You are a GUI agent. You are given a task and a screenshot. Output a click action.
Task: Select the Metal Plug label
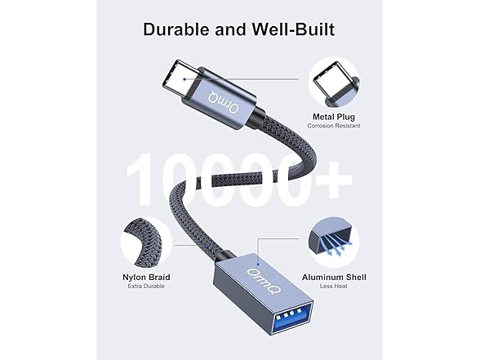click(332, 116)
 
